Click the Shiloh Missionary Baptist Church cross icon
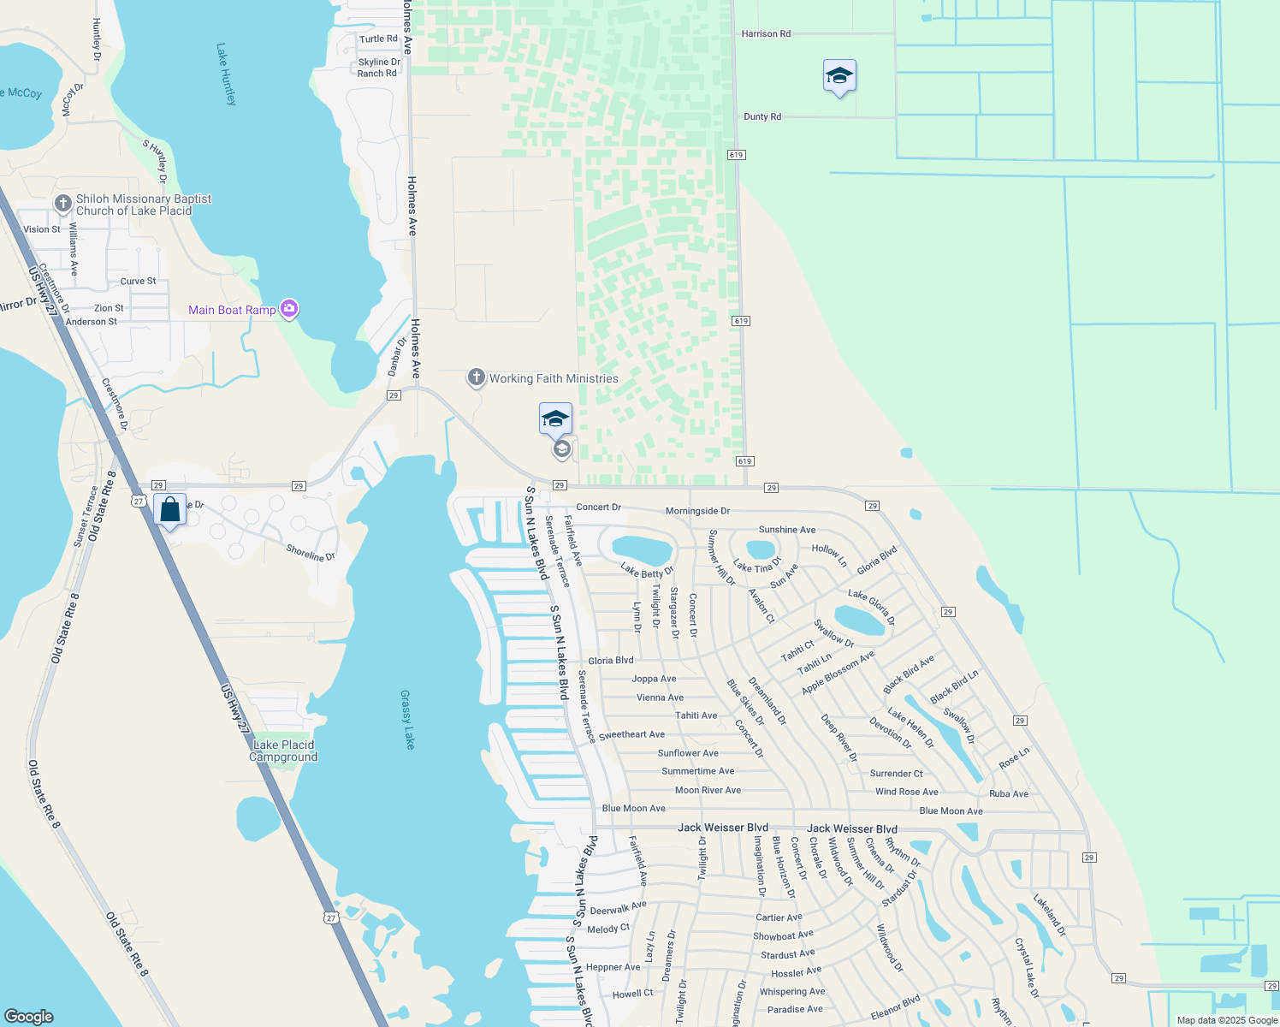pos(62,204)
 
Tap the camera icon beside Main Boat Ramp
pos(289,309)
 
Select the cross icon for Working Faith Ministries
pos(477,377)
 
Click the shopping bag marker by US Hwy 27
pos(170,510)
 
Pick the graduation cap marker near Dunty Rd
pos(839,76)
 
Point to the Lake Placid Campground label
pos(283,751)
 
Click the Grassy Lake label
pos(407,720)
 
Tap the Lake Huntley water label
pos(226,74)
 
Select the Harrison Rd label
pos(766,34)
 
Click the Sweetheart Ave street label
pos(631,734)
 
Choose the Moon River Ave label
pos(708,790)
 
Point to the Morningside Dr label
pos(697,511)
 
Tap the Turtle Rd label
pos(378,39)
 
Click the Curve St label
pos(138,281)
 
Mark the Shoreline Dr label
pos(311,554)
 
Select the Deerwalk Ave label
pos(618,908)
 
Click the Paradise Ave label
pos(795,1009)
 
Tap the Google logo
pos(28,1017)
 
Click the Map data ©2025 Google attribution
pos(1227,1020)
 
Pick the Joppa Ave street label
pos(654,679)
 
